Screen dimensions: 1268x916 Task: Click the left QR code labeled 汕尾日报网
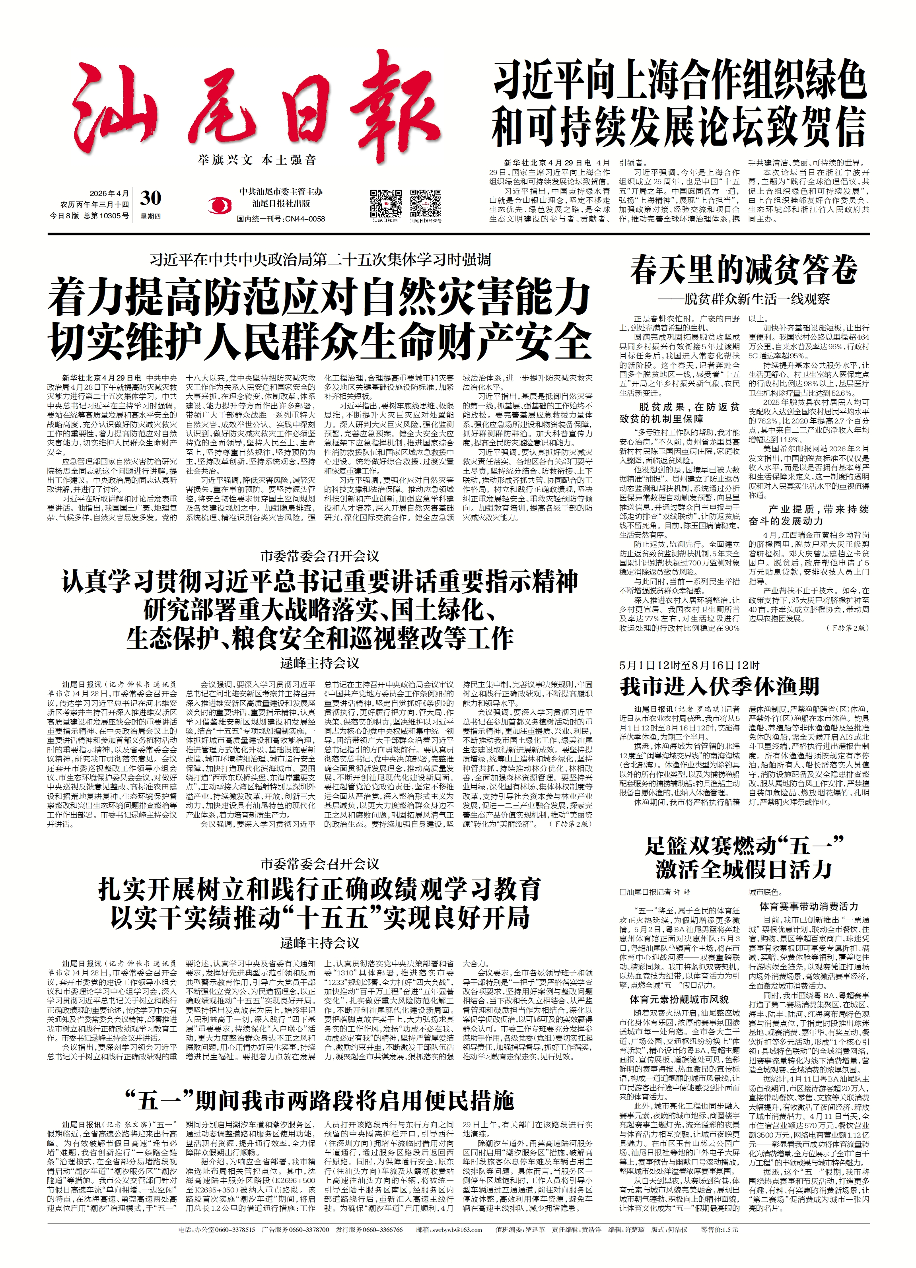[385, 204]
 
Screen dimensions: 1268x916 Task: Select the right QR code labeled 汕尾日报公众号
[426, 204]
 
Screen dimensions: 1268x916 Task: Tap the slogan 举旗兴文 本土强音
[257, 161]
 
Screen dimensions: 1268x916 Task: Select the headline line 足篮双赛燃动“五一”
[743, 846]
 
